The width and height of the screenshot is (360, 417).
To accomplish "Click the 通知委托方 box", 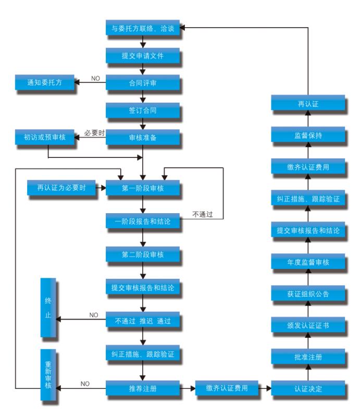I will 44,82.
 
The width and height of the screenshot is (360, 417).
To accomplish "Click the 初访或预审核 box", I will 44,138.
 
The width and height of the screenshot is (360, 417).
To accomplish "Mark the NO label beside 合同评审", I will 96,78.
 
